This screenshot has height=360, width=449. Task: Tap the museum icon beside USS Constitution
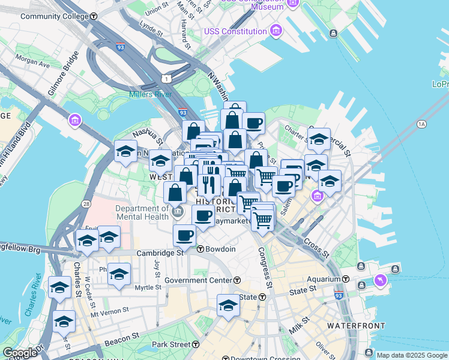tap(276, 31)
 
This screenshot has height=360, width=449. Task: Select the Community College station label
tap(55, 16)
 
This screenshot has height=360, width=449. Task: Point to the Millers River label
tap(150, 94)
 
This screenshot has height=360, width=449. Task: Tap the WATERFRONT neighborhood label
tap(356, 326)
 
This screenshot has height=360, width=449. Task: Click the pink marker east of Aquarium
tap(380, 280)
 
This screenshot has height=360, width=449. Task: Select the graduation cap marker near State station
tap(228, 304)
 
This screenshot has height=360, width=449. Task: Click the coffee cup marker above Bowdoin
tap(184, 235)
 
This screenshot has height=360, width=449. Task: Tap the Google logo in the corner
tap(20, 353)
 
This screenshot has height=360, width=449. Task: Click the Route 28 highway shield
tap(87, 205)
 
